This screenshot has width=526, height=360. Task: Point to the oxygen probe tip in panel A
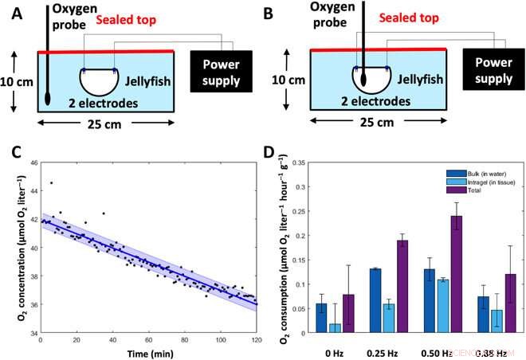[x=49, y=100]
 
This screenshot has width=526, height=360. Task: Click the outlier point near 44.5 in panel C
[x=51, y=182]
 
